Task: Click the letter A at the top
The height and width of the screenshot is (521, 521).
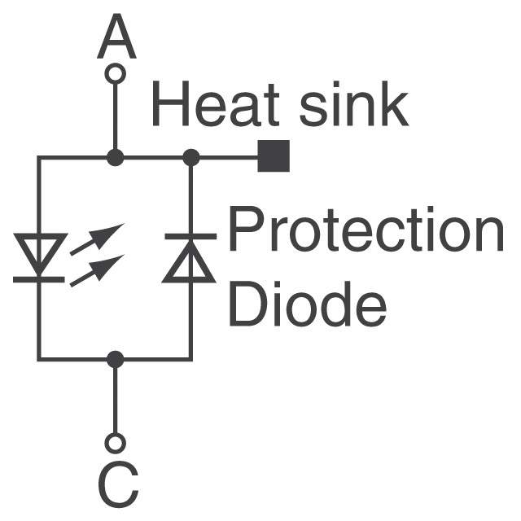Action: (x=116, y=38)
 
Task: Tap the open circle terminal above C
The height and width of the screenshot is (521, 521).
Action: (x=116, y=443)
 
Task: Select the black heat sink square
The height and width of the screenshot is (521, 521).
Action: (x=274, y=156)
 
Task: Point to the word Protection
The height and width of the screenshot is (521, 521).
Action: (x=365, y=231)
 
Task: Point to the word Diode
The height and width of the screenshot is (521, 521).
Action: (x=304, y=304)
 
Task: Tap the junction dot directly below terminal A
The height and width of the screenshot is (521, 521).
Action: (x=116, y=157)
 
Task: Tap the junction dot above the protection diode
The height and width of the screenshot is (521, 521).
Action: (x=191, y=157)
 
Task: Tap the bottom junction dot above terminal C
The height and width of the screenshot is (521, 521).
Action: (x=116, y=359)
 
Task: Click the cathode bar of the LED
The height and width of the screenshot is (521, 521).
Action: (x=38, y=279)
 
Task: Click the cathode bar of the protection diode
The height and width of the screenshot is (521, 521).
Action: (x=190, y=236)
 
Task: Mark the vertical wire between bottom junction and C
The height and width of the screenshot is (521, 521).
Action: (x=116, y=399)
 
